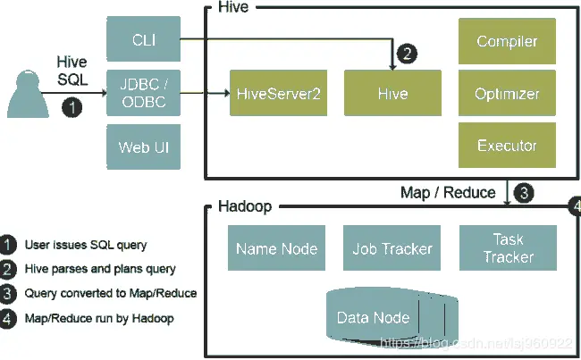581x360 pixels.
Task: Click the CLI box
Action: pos(142,38)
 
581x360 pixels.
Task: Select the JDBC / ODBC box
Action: pos(142,91)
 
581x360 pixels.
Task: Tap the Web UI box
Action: pos(142,145)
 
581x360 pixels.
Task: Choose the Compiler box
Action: pos(507,41)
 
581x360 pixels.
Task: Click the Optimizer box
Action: pos(507,93)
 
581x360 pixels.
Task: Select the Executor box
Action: pos(507,146)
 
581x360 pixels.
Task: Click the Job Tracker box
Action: pos(392,248)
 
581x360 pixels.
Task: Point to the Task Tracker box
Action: pos(507,248)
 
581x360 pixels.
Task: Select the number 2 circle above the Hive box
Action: pos(407,54)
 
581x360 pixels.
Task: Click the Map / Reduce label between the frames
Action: pos(447,192)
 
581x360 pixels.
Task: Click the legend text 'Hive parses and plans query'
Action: pos(99,268)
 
